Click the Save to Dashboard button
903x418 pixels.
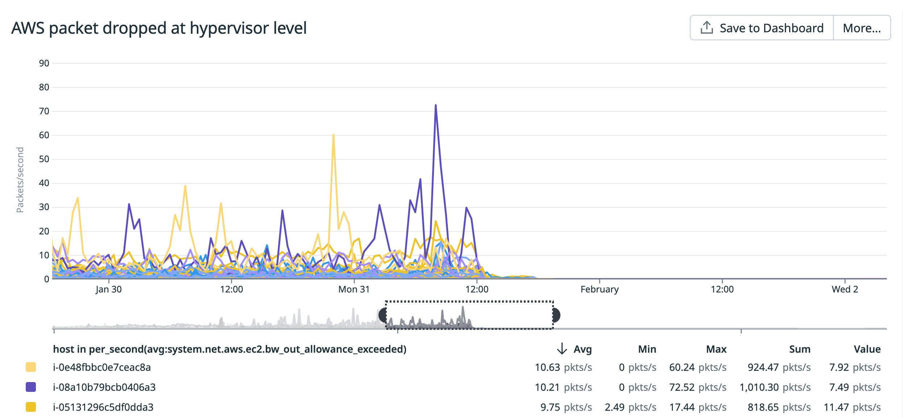pyautogui.click(x=762, y=28)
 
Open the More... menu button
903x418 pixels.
pyautogui.click(x=862, y=28)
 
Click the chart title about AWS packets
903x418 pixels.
pyautogui.click(x=159, y=28)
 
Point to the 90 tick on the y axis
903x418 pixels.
pyautogui.click(x=44, y=63)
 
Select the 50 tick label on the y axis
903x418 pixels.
pyautogui.click(x=44, y=159)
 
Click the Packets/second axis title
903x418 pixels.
pyautogui.click(x=20, y=180)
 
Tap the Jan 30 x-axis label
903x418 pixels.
pyautogui.click(x=108, y=289)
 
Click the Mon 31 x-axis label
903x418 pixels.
pyautogui.click(x=354, y=289)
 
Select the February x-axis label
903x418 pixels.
pyautogui.click(x=599, y=289)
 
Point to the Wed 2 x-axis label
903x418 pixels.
pyautogui.click(x=845, y=289)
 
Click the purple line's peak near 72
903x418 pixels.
pyautogui.click(x=435, y=105)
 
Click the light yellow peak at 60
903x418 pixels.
pyautogui.click(x=333, y=135)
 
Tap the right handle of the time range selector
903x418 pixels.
pyautogui.click(x=556, y=315)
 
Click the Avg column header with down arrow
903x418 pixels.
pyautogui.click(x=575, y=349)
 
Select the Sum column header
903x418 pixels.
pyautogui.click(x=799, y=349)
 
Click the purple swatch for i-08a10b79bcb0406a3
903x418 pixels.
pyautogui.click(x=31, y=387)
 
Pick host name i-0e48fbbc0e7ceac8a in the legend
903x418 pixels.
pyautogui.click(x=102, y=367)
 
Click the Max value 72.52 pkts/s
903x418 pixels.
pyautogui.click(x=697, y=387)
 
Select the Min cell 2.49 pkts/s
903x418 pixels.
pyautogui.click(x=630, y=407)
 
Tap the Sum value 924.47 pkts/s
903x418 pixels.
pyautogui.click(x=779, y=367)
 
